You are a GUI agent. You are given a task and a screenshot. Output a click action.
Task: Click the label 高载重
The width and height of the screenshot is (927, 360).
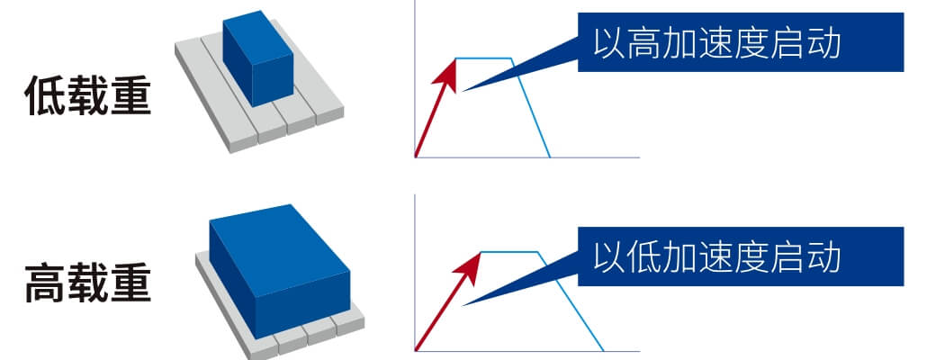click(87, 283)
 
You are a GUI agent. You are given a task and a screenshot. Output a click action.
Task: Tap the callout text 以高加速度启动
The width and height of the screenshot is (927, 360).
click(716, 43)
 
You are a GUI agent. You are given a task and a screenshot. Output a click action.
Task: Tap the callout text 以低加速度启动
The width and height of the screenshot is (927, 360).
click(716, 256)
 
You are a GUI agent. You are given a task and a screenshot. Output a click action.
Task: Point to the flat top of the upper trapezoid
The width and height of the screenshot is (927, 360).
click(483, 58)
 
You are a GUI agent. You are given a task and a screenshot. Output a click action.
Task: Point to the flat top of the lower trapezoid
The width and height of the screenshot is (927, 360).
click(510, 252)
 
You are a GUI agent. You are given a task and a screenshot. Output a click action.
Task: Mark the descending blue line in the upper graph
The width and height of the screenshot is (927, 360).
click(531, 108)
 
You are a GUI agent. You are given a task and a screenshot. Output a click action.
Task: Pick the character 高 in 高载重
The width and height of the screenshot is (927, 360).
click(45, 283)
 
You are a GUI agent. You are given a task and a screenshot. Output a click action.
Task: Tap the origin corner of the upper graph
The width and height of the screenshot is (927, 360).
click(416, 157)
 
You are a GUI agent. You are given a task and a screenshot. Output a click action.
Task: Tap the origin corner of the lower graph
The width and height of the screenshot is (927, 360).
click(416, 351)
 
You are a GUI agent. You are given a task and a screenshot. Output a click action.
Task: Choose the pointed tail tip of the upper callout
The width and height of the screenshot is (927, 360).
click(462, 91)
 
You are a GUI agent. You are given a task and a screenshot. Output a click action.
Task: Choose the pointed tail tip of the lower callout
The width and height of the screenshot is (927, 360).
click(462, 305)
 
